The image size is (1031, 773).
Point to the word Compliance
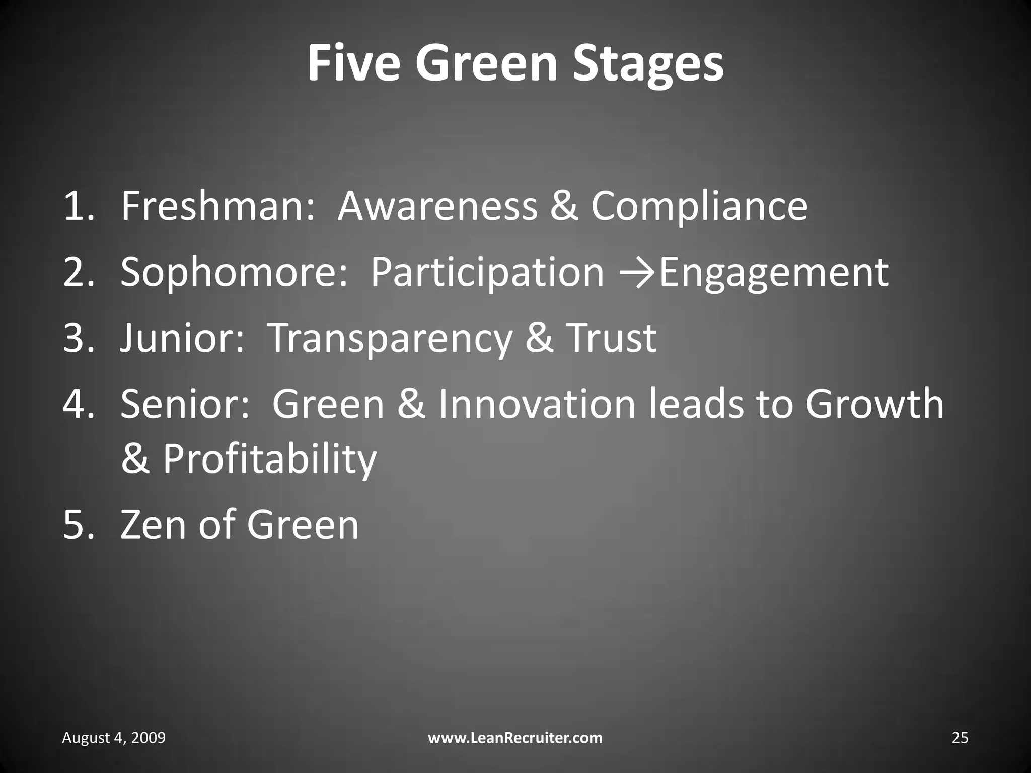click(x=699, y=207)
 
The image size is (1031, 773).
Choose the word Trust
click(x=611, y=338)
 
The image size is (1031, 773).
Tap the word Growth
click(x=874, y=404)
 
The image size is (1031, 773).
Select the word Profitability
click(x=269, y=459)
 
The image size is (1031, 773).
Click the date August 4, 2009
click(x=114, y=738)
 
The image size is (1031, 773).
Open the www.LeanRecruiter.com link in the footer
click(x=515, y=738)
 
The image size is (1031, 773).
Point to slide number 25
click(x=960, y=738)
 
